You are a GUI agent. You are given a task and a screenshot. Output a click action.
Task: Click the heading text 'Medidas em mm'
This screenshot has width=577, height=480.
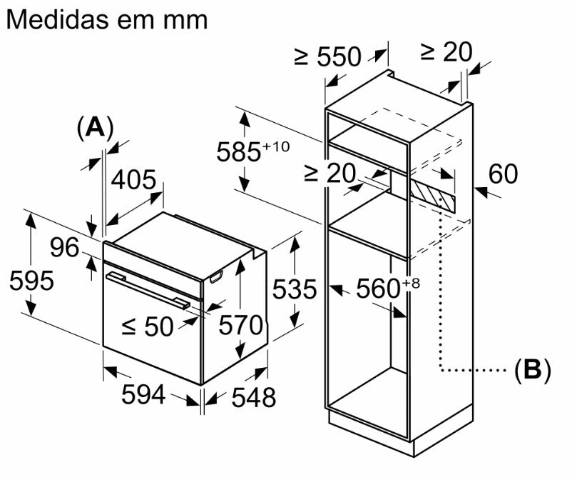[107, 19]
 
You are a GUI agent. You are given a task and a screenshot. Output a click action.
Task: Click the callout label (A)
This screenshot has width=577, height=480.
[96, 128]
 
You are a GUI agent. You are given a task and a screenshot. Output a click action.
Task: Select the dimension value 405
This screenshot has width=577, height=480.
[133, 180]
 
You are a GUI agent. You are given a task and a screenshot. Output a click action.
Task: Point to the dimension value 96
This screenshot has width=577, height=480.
[65, 247]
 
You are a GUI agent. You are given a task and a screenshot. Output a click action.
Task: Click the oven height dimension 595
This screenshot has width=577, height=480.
[31, 281]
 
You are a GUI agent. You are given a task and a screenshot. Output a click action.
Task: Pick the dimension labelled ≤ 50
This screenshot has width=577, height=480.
[148, 326]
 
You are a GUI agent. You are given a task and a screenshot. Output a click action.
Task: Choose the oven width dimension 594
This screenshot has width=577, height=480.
[143, 394]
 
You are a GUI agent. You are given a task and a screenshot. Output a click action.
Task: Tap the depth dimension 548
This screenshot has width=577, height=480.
[253, 397]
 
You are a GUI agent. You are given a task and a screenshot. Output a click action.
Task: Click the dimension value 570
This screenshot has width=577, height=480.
[240, 325]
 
